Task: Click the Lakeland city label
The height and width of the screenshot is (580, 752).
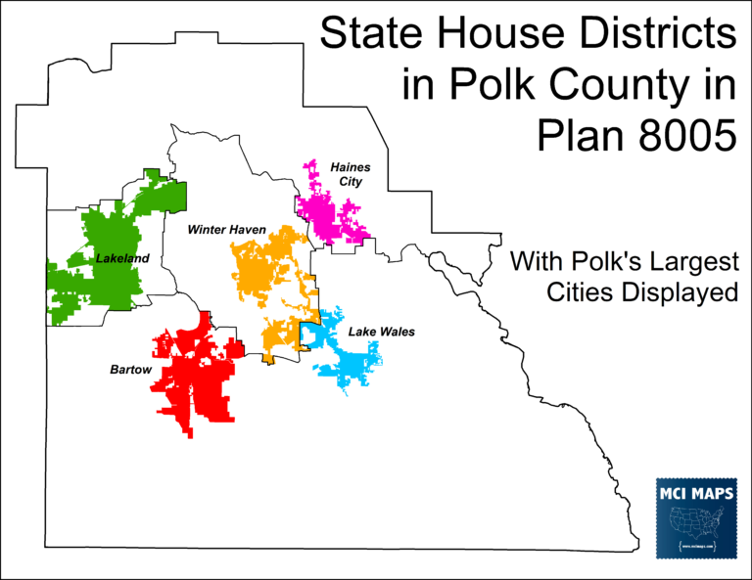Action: click(121, 258)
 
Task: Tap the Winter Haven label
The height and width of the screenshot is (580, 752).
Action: click(228, 230)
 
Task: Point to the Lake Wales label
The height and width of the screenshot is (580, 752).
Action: click(382, 333)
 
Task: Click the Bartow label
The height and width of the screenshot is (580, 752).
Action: click(129, 370)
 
